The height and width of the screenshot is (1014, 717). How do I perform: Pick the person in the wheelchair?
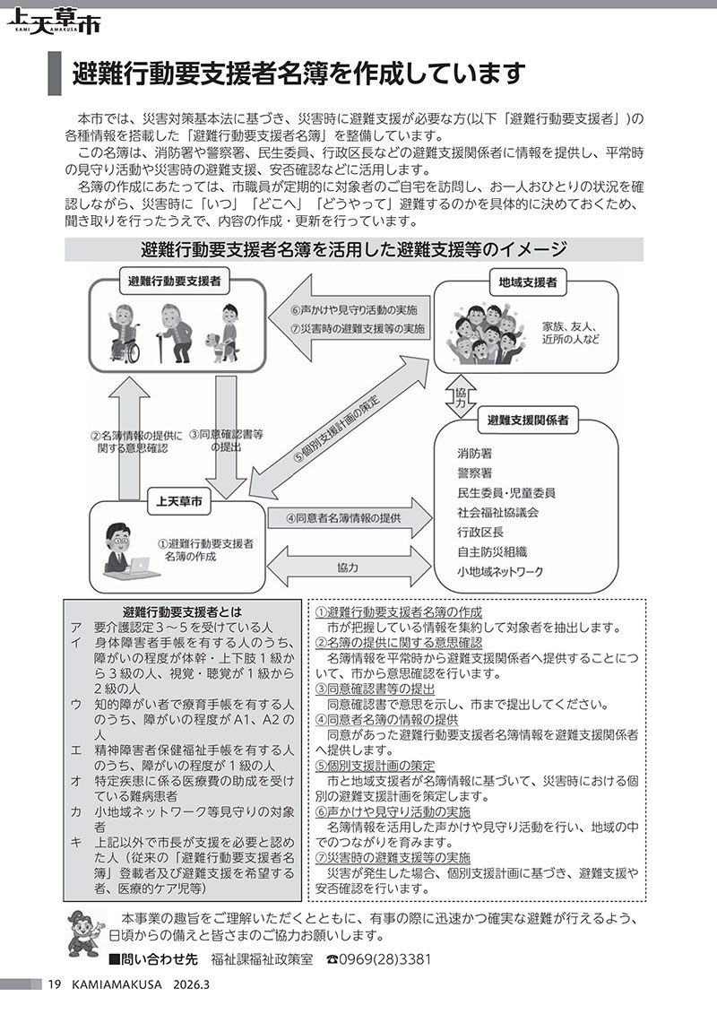pos(126,335)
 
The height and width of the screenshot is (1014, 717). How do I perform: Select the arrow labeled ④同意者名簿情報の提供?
pos(350,518)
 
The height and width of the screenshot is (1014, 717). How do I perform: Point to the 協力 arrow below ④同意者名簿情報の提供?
pos(349,568)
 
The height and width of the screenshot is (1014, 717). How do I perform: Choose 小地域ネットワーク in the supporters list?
pos(500,571)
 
